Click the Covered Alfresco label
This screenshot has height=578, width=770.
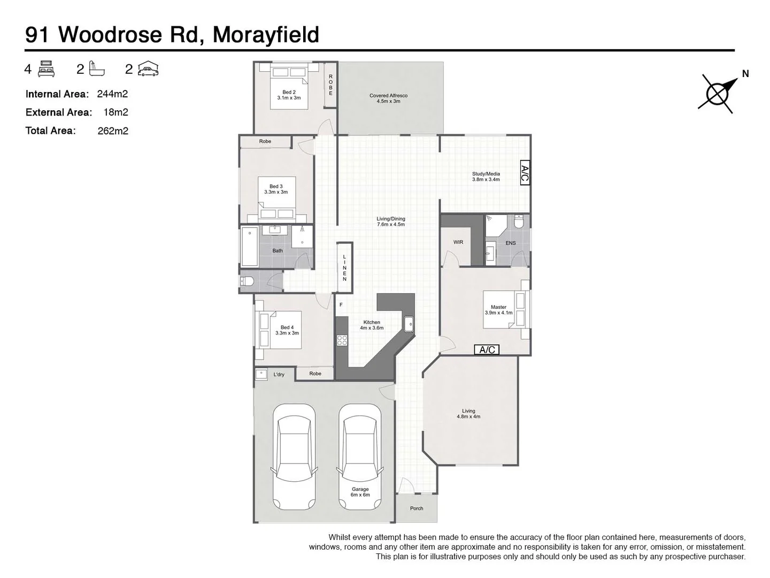coord(388,98)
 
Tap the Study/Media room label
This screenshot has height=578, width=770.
coord(486,177)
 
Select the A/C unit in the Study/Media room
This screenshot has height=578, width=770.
coord(525,173)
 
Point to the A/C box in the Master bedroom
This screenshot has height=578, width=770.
coord(487,349)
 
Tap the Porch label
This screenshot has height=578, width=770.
coord(417,508)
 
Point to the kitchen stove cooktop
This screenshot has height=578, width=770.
coord(342,340)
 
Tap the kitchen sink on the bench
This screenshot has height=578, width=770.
coord(409,324)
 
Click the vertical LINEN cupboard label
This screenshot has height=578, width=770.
coord(345,268)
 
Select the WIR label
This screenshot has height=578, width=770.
coord(458,242)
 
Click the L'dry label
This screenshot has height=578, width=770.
coord(279,375)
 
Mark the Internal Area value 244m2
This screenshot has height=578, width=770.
coord(112,94)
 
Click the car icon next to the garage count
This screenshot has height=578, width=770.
coord(148,69)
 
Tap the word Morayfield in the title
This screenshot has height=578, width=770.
coord(266,35)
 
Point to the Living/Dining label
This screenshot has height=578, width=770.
coord(391,222)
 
